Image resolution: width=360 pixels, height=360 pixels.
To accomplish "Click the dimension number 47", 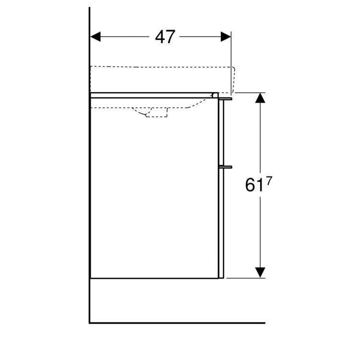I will point(165,37).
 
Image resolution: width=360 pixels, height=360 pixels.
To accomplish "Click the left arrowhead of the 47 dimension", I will point(96,37).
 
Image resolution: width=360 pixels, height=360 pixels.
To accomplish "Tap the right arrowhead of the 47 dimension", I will point(226,37).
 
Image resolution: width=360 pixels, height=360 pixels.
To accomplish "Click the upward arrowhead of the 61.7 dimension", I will point(260,98).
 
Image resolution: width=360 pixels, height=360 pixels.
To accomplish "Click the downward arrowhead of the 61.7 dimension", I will point(260,272).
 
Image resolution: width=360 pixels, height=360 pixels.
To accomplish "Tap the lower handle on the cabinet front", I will point(226,167).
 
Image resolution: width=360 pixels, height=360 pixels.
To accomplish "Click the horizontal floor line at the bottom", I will point(178,323).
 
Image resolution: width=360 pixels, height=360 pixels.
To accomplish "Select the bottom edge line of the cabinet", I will point(154,278).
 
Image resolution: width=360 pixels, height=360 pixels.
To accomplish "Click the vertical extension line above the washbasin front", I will point(231,53).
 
